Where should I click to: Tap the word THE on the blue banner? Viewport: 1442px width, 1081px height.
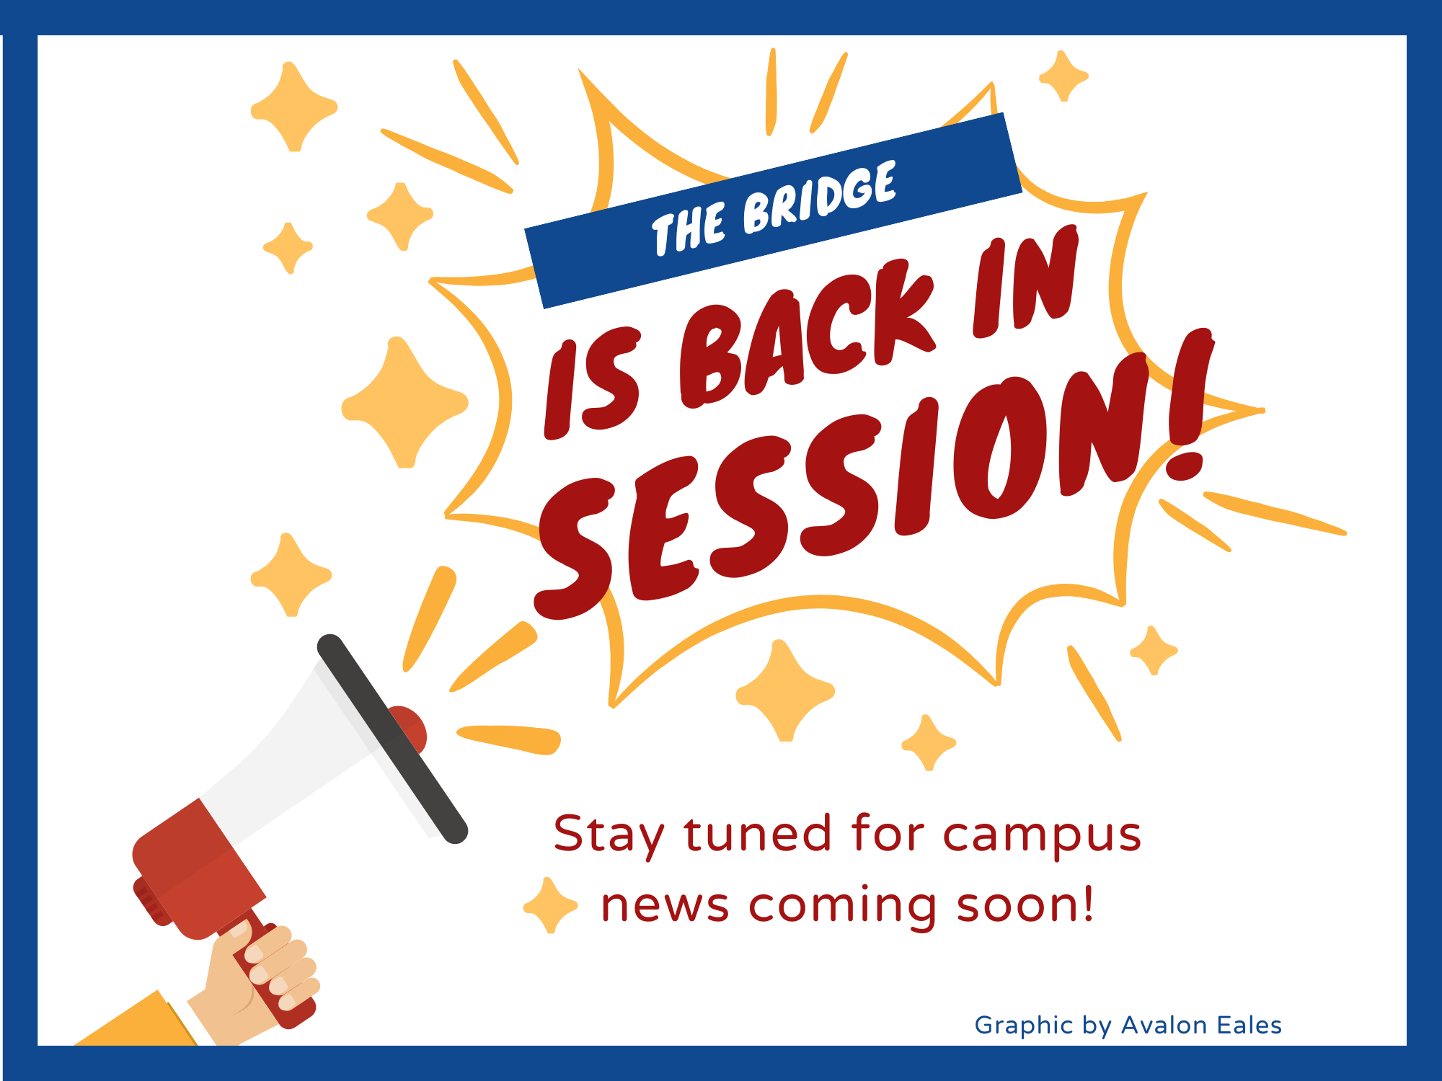[688, 228]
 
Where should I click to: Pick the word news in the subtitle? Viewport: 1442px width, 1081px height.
[664, 906]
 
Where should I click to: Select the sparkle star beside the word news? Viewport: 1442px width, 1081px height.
[550, 905]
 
